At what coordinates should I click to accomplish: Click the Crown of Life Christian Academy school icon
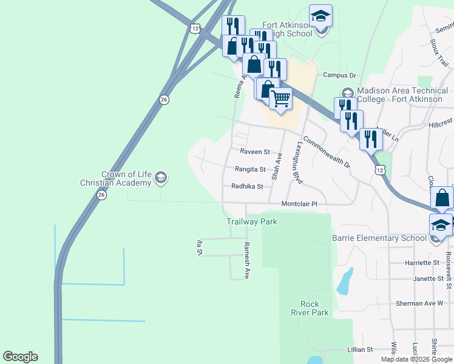pyautogui.click(x=161, y=178)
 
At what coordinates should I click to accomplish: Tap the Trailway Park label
pyautogui.click(x=252, y=221)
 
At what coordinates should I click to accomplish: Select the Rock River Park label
pyautogui.click(x=314, y=308)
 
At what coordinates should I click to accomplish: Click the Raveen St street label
pyautogui.click(x=254, y=152)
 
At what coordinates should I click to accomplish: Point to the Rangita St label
pyautogui.click(x=251, y=169)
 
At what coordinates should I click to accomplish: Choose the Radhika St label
pyautogui.click(x=247, y=187)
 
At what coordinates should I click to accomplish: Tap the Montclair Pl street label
pyautogui.click(x=299, y=204)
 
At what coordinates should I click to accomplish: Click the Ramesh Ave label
pyautogui.click(x=246, y=260)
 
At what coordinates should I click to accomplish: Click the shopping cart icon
pyautogui.click(x=280, y=97)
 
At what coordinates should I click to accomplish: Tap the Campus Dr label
pyautogui.click(x=339, y=75)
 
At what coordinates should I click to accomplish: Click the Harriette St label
pyautogui.click(x=422, y=263)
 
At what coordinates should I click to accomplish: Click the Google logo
pyautogui.click(x=20, y=357)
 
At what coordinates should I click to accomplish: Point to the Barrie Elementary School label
pyautogui.click(x=379, y=238)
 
